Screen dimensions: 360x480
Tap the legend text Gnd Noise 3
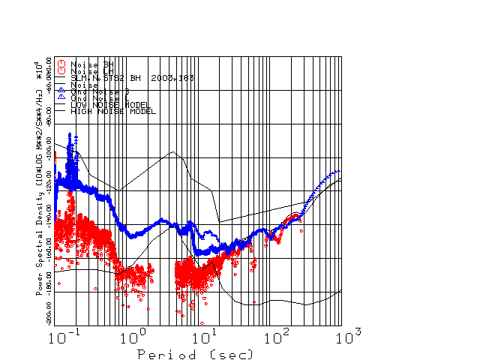[97, 91]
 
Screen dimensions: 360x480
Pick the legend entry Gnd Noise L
[97, 97]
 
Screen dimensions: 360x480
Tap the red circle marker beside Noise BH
[62, 64]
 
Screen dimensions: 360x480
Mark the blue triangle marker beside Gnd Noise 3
[62, 91]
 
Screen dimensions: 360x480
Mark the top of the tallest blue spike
[70, 133]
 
